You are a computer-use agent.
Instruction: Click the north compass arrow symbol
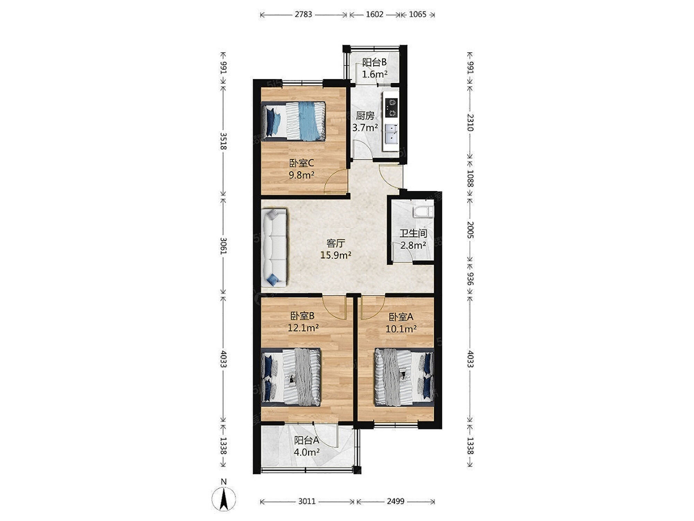click(224, 499)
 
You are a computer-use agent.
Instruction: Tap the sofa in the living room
click(274, 248)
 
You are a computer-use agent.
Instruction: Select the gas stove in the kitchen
click(391, 108)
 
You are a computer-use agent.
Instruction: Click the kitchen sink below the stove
click(391, 134)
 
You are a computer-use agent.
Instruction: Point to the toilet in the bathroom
click(423, 212)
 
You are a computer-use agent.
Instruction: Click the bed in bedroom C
click(294, 121)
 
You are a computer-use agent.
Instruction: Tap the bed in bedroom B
click(291, 377)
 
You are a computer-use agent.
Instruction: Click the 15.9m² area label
click(336, 255)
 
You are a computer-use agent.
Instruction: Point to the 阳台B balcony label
click(374, 62)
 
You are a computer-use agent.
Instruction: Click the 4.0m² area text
click(307, 452)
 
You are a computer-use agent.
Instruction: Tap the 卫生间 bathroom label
click(413, 233)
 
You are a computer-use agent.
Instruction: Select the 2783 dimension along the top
click(304, 14)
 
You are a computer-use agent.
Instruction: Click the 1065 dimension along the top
click(417, 14)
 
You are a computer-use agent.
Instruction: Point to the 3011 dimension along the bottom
click(307, 501)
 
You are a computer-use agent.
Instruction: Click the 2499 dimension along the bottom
click(396, 501)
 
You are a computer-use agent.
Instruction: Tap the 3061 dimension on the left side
click(223, 246)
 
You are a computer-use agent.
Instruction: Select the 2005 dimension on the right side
click(470, 230)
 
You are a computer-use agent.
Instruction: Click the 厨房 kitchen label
click(365, 116)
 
